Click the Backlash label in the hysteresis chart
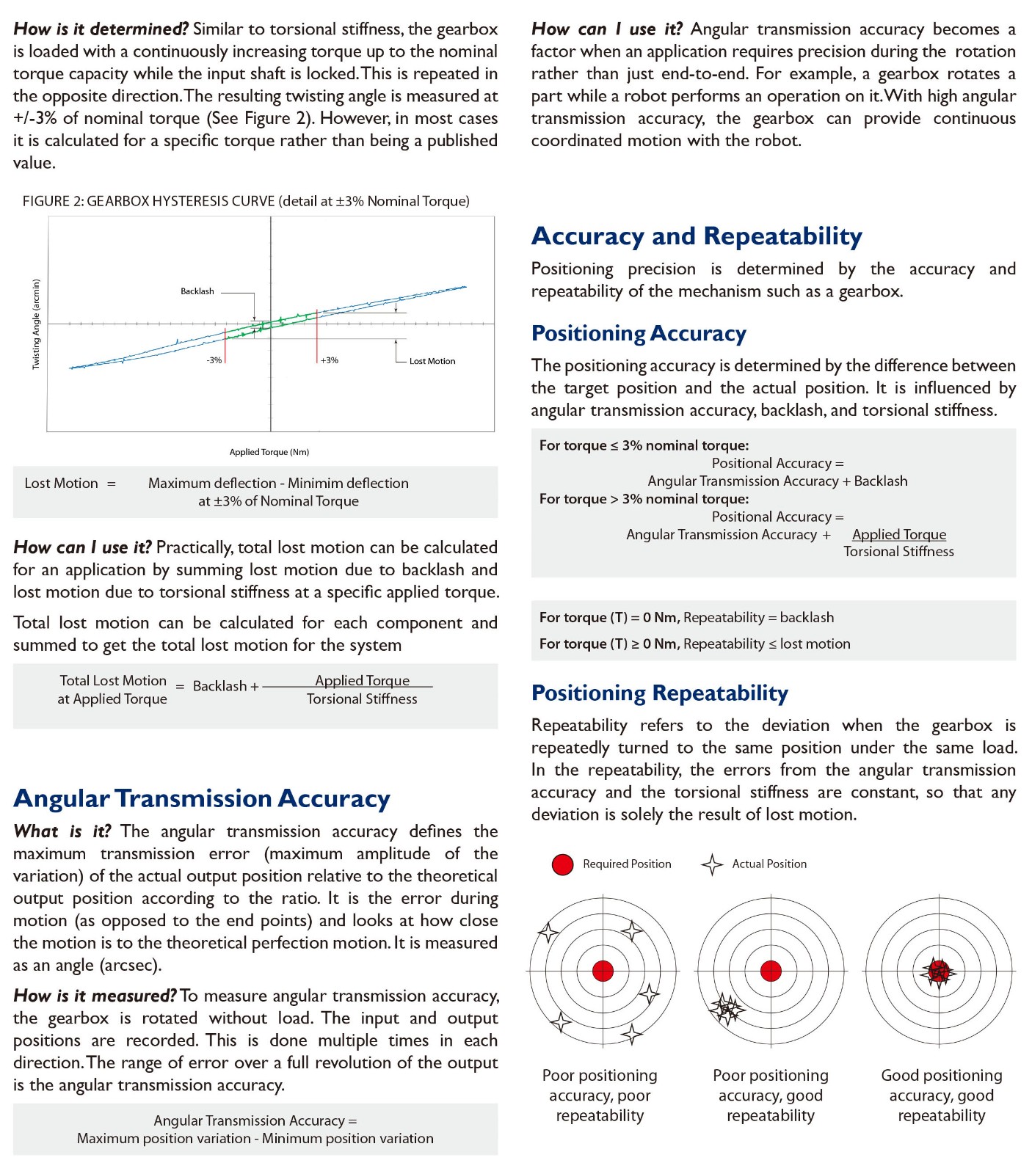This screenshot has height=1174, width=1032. pyautogui.click(x=197, y=291)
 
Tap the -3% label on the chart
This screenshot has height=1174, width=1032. pyautogui.click(x=214, y=360)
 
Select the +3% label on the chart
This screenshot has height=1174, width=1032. pyautogui.click(x=330, y=360)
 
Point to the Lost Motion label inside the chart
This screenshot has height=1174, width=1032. pyautogui.click(x=432, y=361)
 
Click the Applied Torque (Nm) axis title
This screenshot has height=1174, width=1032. pyautogui.click(x=269, y=452)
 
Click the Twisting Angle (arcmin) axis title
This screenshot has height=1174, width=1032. pyautogui.click(x=37, y=324)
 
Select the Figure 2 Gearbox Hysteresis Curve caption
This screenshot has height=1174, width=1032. pyautogui.click(x=246, y=201)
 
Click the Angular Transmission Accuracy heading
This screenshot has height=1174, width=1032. pyautogui.click(x=202, y=798)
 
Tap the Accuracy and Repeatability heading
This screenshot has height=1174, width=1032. pyautogui.click(x=697, y=236)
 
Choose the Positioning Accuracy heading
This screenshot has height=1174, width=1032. pyautogui.click(x=639, y=333)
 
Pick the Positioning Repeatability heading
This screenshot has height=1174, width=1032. pyautogui.click(x=660, y=693)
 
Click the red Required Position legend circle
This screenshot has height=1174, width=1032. pyautogui.click(x=562, y=864)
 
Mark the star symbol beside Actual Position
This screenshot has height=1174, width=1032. pyautogui.click(x=712, y=864)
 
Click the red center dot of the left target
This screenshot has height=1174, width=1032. pyautogui.click(x=603, y=971)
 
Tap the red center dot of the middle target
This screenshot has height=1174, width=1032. pyautogui.click(x=771, y=971)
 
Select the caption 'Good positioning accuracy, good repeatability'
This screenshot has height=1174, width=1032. pyautogui.click(x=942, y=1095)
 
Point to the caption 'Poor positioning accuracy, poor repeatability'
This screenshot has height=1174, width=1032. pyautogui.click(x=600, y=1095)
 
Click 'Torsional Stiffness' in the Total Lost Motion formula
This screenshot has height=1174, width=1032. pyautogui.click(x=362, y=699)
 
